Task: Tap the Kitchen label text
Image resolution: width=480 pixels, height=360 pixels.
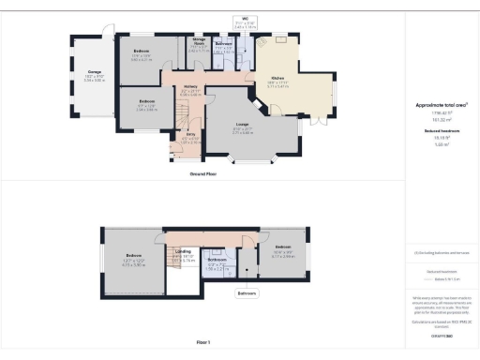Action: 277,78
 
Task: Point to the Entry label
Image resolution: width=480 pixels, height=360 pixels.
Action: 190,135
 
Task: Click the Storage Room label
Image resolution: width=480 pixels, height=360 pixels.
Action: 199,42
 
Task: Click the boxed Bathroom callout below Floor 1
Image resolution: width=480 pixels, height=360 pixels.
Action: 247,293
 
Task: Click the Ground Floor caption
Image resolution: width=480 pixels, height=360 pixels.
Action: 203,174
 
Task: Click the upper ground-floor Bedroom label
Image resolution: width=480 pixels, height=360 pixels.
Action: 142,51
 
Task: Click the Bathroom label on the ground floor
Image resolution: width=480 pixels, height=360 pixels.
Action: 223,43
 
